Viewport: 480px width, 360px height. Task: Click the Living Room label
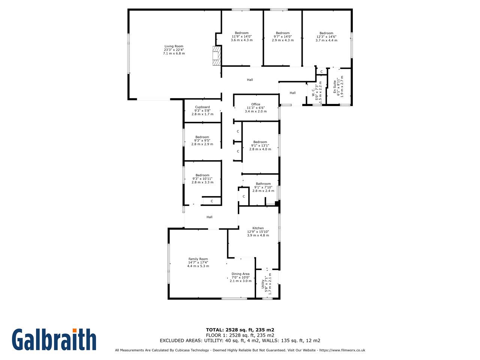pyautogui.click(x=174, y=46)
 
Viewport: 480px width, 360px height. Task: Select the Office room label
pyautogui.click(x=256, y=104)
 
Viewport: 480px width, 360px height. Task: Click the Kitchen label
pyautogui.click(x=258, y=228)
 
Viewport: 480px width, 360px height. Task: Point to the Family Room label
pyautogui.click(x=198, y=259)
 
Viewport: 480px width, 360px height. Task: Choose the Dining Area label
pyautogui.click(x=240, y=274)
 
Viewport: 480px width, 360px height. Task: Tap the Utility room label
pyautogui.click(x=263, y=284)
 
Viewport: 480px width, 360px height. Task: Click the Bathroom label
pyautogui.click(x=263, y=184)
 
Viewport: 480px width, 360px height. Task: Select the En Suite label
pyautogui.click(x=334, y=87)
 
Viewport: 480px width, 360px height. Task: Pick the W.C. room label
pyautogui.click(x=313, y=92)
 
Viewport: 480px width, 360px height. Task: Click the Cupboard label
pyautogui.click(x=202, y=107)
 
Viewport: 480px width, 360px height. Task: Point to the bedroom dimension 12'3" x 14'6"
pyautogui.click(x=327, y=37)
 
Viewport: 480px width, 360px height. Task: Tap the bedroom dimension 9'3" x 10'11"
pyautogui.click(x=202, y=179)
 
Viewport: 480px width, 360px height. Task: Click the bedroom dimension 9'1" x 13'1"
pyautogui.click(x=260, y=145)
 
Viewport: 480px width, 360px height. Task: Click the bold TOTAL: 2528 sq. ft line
pyautogui.click(x=240, y=330)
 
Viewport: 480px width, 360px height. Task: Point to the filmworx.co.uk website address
pyautogui.click(x=342, y=350)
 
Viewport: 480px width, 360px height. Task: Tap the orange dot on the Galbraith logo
pyautogui.click(x=75, y=330)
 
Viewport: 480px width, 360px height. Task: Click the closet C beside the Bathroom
pyautogui.click(x=244, y=196)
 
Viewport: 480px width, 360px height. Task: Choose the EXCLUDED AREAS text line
pyautogui.click(x=240, y=340)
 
